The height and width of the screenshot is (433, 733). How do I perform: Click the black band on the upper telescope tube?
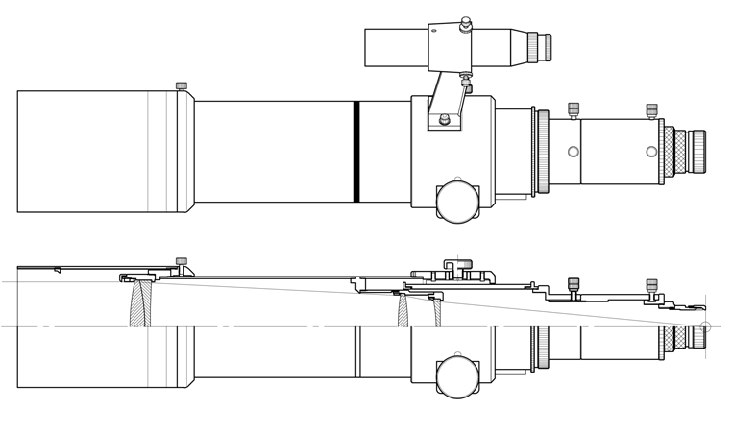pyautogui.click(x=356, y=151)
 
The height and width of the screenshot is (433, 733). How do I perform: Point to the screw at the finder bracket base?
pyautogui.click(x=444, y=120)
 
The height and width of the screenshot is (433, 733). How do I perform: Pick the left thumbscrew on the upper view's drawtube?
pyautogui.click(x=574, y=108)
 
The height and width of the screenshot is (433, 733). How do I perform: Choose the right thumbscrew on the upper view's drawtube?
pyautogui.click(x=651, y=110)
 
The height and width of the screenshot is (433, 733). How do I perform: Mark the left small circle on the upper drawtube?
pyautogui.click(x=574, y=151)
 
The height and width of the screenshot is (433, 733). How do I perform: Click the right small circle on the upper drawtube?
pyautogui.click(x=651, y=151)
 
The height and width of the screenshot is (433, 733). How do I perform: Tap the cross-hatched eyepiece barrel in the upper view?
pyautogui.click(x=677, y=151)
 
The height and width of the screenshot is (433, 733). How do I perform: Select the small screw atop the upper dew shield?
pyautogui.click(x=181, y=85)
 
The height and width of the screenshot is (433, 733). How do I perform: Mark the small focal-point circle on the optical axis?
pyautogui.click(x=706, y=326)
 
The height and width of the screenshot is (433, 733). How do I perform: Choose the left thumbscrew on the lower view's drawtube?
pyautogui.click(x=574, y=285)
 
